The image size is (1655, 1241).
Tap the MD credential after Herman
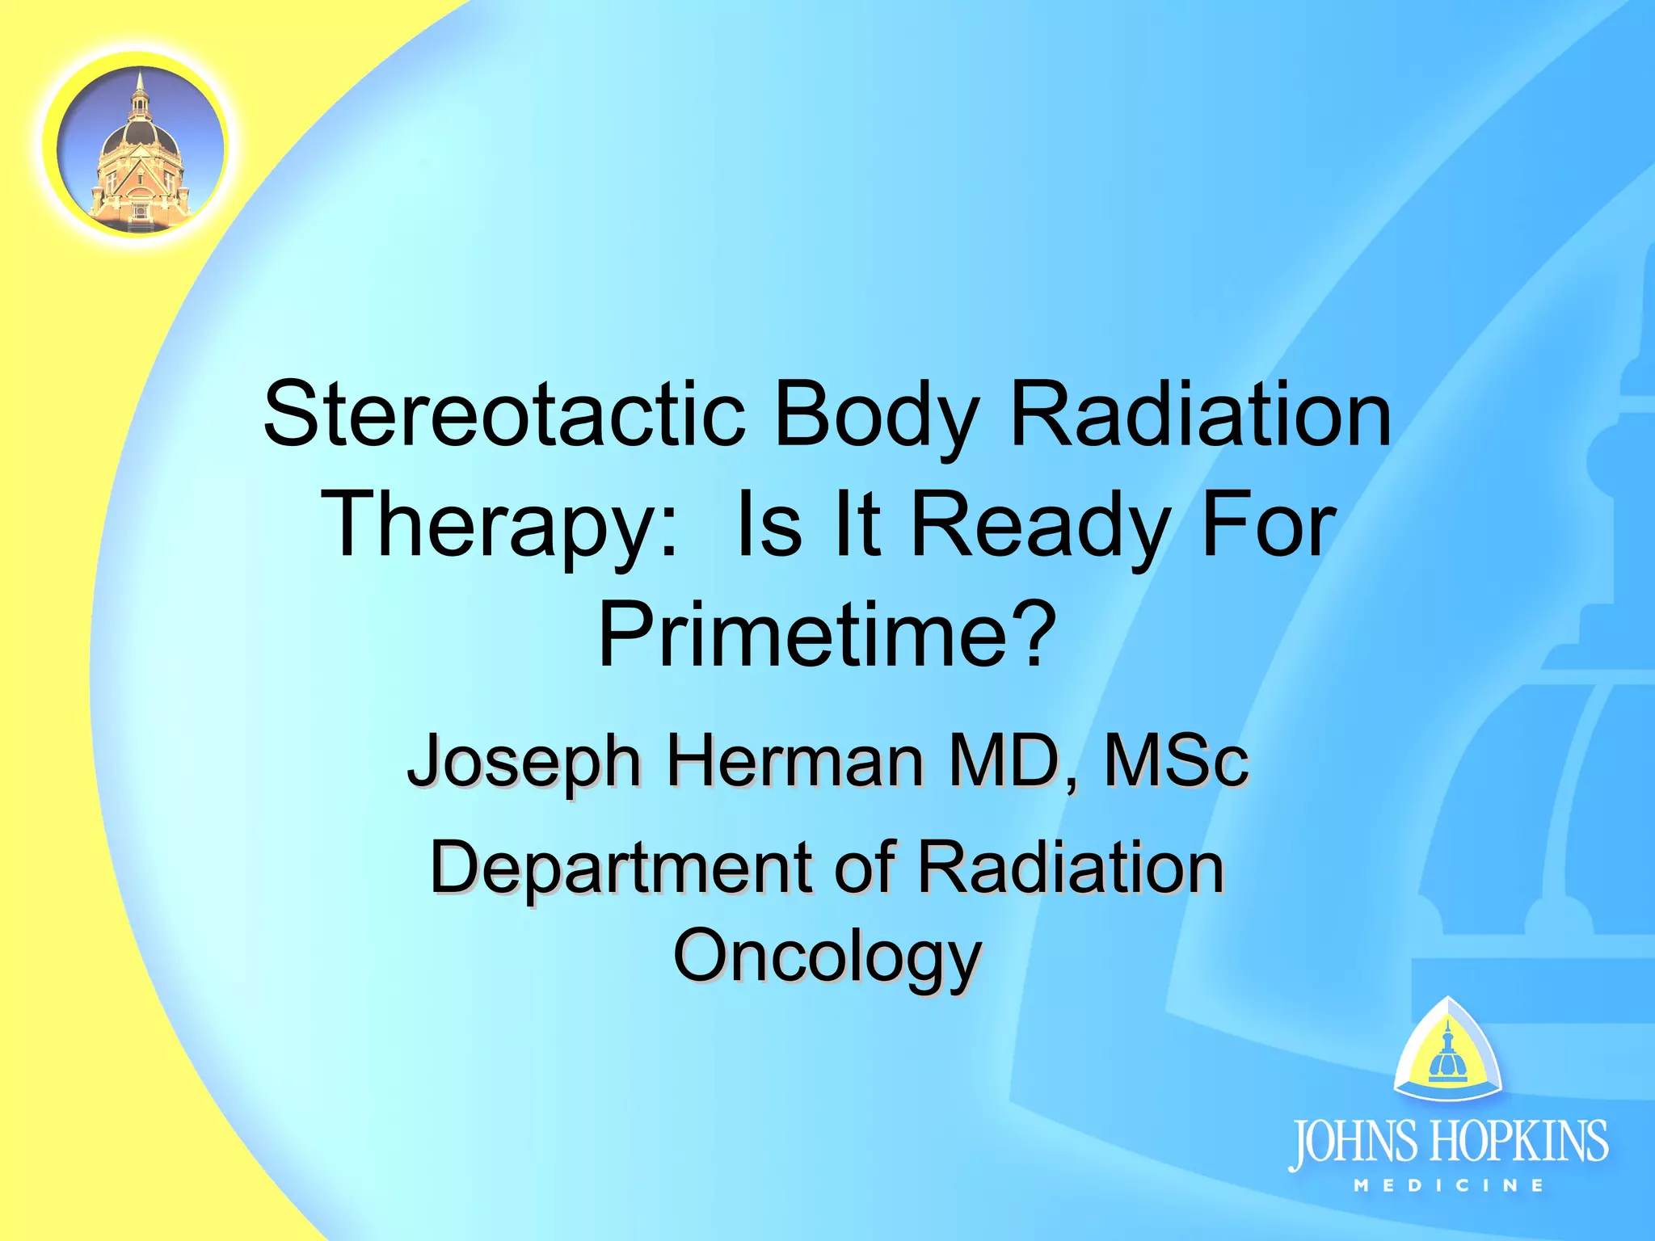tap(1013, 761)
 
